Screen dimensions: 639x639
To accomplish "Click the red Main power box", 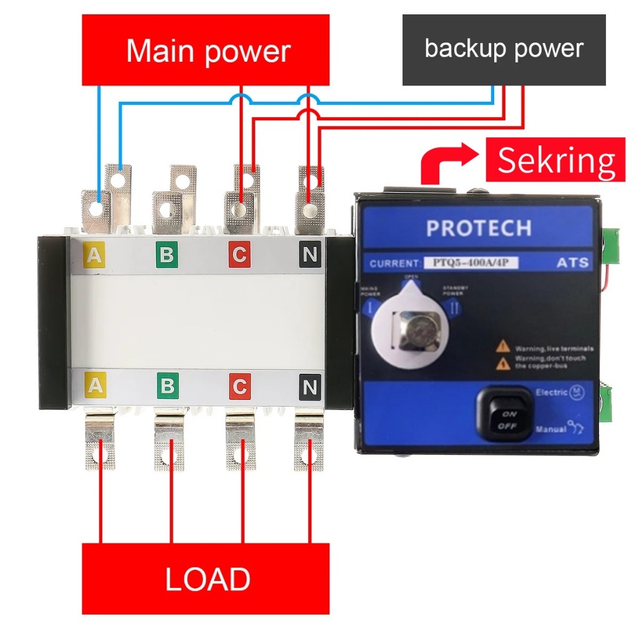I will tap(205, 50).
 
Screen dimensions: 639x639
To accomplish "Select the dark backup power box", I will tap(504, 49).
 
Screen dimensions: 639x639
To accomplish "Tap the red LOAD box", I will tap(205, 578).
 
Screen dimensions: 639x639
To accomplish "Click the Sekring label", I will tap(555, 160).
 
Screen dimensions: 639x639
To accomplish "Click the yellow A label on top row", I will tap(94, 255).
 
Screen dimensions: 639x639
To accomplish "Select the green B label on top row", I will tap(167, 255).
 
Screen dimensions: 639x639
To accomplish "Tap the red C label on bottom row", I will tap(240, 387).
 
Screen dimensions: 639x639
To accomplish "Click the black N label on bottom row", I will tap(310, 387).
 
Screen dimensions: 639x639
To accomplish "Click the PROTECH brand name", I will tap(479, 228).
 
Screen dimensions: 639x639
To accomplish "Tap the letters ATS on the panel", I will tap(572, 262).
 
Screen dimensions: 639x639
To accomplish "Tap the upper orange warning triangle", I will tap(503, 346).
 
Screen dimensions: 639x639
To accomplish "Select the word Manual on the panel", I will tap(552, 430).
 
